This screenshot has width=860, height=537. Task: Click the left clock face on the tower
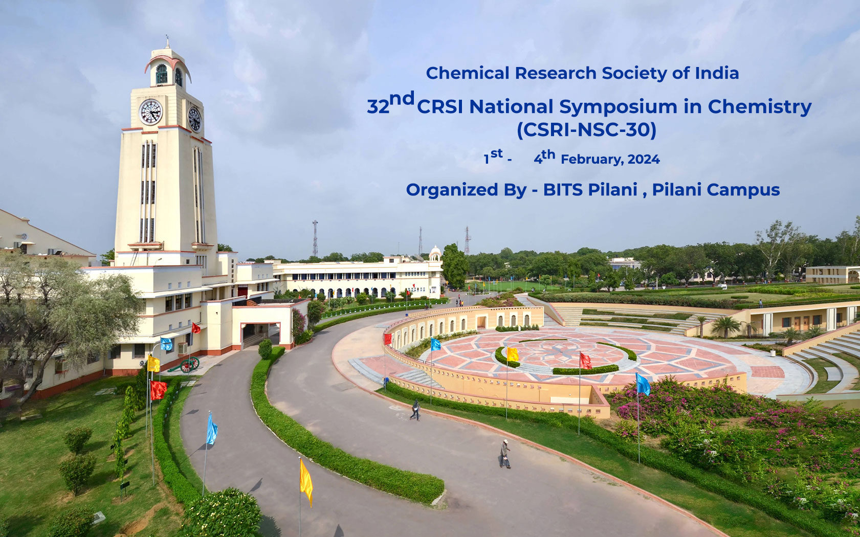click(x=150, y=112)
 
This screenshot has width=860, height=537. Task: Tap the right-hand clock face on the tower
click(x=194, y=119)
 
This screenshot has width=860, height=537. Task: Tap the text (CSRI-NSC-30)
click(x=587, y=130)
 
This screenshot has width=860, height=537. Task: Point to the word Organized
click(x=452, y=190)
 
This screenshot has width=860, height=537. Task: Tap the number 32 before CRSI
click(x=378, y=107)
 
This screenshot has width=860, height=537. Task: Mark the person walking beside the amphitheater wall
click(x=415, y=410)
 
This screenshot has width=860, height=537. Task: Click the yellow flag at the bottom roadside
click(x=306, y=482)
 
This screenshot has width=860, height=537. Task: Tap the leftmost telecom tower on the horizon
click(x=315, y=238)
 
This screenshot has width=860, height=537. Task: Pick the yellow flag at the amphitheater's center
click(x=513, y=354)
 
